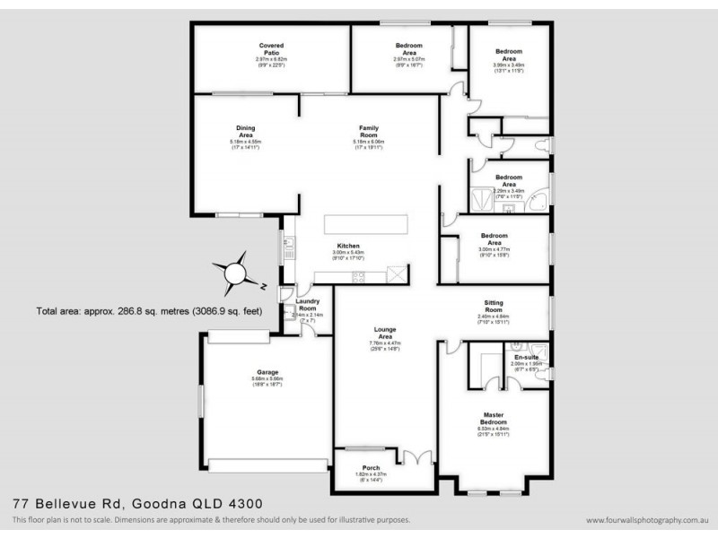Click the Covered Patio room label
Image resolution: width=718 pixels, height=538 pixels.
(x=270, y=48)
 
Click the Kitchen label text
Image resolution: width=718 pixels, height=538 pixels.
(x=348, y=246)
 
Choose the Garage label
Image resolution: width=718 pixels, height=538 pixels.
(x=266, y=371)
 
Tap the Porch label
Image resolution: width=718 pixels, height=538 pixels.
(x=370, y=466)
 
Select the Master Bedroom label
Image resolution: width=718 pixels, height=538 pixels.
(x=491, y=417)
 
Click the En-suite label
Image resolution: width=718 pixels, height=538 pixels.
(x=524, y=358)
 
